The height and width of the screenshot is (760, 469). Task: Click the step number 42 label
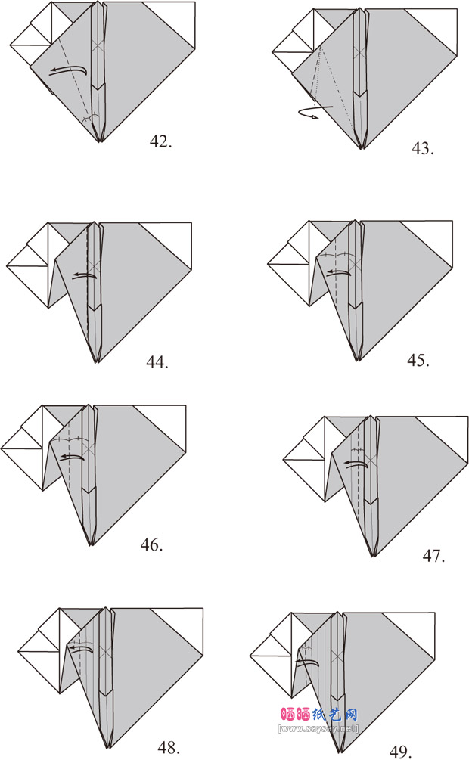tap(160, 141)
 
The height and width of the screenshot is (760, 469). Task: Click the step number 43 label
tap(422, 147)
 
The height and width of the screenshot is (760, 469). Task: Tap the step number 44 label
tap(157, 362)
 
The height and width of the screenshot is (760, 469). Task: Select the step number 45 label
tap(418, 360)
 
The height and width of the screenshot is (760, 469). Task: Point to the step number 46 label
tap(151, 544)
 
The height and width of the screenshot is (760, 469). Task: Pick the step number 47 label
tap(433, 557)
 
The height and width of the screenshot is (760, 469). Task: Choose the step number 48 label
tap(169, 748)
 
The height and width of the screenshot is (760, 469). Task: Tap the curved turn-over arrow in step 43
tap(313, 112)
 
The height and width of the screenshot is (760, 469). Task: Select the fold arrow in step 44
tap(85, 276)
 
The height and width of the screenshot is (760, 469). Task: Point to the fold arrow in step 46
tap(72, 457)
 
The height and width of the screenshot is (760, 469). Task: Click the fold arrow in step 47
tap(355, 464)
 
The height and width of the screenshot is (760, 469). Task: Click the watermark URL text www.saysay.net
tap(318, 728)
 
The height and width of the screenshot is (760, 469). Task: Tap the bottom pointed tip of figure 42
tap(99, 141)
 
